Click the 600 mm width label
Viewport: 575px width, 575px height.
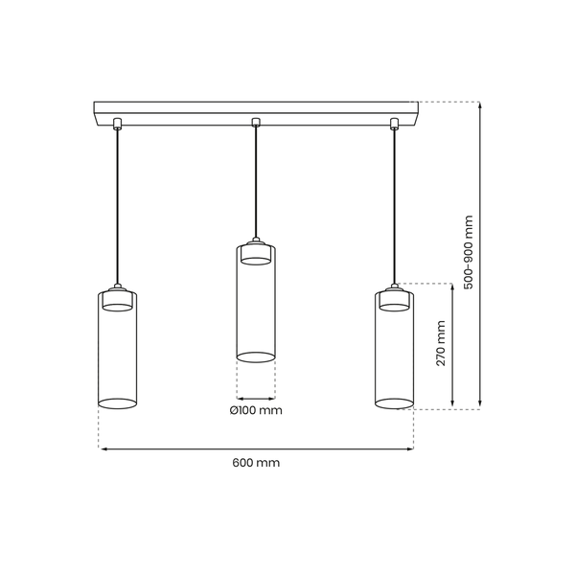[256, 463]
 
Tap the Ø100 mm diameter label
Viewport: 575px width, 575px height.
[256, 410]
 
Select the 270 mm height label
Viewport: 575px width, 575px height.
[441, 343]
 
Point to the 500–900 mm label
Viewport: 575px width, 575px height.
[469, 253]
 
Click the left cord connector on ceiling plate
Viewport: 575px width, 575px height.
[117, 124]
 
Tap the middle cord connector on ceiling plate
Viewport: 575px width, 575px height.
[256, 122]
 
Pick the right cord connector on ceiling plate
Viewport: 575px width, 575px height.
[394, 124]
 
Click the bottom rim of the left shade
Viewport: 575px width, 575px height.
[117, 403]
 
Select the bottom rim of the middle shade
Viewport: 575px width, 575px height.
[256, 357]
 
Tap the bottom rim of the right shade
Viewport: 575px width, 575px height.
[394, 403]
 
